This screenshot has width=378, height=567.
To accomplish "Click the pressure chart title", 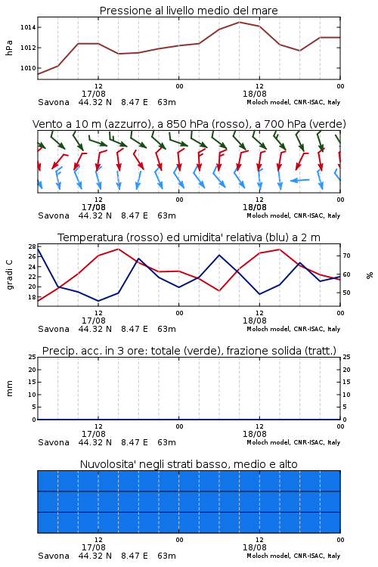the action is point(188,11).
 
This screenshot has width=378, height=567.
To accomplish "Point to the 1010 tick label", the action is point(28,68).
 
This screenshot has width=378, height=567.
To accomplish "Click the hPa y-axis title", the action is point(9,48).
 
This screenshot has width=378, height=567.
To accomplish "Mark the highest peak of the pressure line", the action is point(240,22).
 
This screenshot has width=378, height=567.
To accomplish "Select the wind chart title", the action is point(189,124).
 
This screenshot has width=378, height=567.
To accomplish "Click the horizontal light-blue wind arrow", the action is point(300,180).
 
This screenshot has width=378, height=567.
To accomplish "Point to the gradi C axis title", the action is point(9,275).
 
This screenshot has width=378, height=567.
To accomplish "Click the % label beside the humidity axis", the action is point(370,275).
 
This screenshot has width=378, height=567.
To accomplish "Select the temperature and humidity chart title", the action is point(189,237).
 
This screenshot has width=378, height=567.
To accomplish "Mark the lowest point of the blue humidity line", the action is point(98,301).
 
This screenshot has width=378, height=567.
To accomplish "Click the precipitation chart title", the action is point(189,351).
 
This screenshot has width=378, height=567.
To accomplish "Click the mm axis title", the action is point(9,389).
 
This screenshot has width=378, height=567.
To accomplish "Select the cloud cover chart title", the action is point(189,464).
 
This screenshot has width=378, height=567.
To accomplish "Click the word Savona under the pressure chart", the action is point(54,102).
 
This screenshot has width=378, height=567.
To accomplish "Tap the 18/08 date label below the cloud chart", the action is point(255,547).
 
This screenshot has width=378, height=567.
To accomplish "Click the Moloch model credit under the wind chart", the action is point(293,215).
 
